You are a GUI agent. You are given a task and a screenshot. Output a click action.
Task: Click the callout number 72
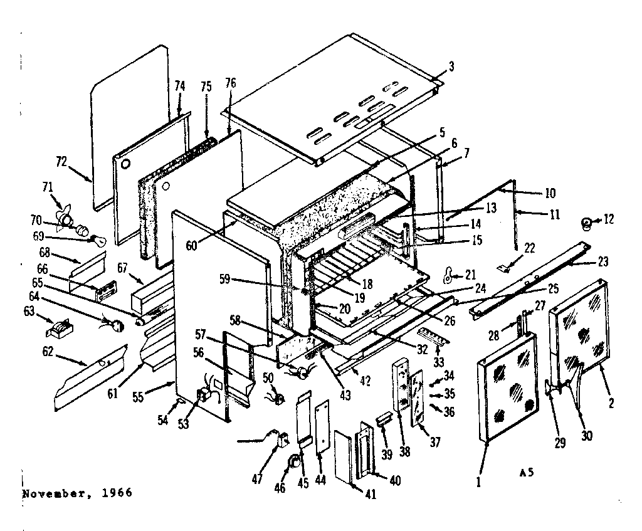pos(60,162)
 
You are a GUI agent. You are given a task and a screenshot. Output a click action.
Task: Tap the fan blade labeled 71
pos(65,218)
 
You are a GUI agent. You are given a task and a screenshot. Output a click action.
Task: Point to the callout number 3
pos(451,66)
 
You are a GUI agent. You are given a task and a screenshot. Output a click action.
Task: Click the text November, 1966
pos(77,493)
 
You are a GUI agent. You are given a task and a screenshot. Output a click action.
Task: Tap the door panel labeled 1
pos(508,389)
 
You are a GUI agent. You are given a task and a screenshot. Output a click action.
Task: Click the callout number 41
pos(371,494)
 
